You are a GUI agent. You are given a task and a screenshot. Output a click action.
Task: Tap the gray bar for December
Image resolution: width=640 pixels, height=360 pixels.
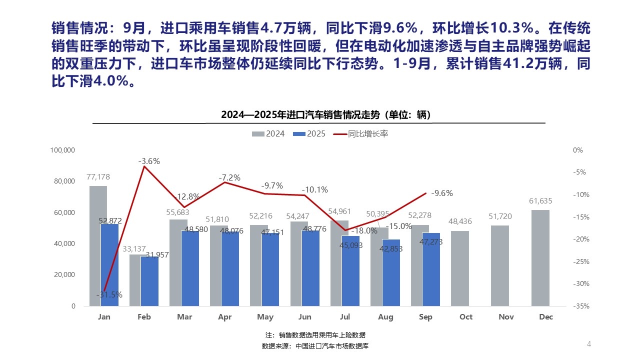[x=540, y=257]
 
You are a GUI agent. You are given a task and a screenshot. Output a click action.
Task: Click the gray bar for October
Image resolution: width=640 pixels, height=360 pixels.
[x=460, y=268]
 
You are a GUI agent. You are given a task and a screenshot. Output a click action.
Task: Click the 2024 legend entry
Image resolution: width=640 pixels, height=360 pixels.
[x=268, y=134]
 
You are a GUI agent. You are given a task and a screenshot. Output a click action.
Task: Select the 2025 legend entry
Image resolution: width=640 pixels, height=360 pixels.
[x=309, y=134]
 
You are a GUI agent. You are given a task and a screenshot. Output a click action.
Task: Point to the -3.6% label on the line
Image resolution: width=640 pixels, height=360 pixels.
[x=149, y=161]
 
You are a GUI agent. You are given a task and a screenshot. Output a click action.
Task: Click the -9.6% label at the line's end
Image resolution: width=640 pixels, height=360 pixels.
[x=441, y=193]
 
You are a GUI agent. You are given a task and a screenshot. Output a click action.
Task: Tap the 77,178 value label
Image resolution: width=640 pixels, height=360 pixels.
[x=98, y=176]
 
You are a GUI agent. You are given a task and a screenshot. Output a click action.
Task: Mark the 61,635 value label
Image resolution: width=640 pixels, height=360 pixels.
[x=540, y=201]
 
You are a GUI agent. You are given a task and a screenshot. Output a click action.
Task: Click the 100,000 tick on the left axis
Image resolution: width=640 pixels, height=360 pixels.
[x=63, y=150]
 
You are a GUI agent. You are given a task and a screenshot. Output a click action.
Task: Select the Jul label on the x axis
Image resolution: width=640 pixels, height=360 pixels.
[x=345, y=317]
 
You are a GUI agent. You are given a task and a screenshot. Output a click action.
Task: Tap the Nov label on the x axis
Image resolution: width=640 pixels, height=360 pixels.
[x=506, y=317]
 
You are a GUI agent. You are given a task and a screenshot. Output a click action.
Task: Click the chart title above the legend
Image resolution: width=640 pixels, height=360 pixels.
[x=325, y=115]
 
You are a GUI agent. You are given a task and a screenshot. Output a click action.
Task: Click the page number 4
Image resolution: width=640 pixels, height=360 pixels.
[x=589, y=343]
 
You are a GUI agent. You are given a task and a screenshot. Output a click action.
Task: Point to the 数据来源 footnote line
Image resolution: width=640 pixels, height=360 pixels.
[x=315, y=346]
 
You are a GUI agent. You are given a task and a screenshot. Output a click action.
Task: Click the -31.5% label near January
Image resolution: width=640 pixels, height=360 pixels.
[x=109, y=294]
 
